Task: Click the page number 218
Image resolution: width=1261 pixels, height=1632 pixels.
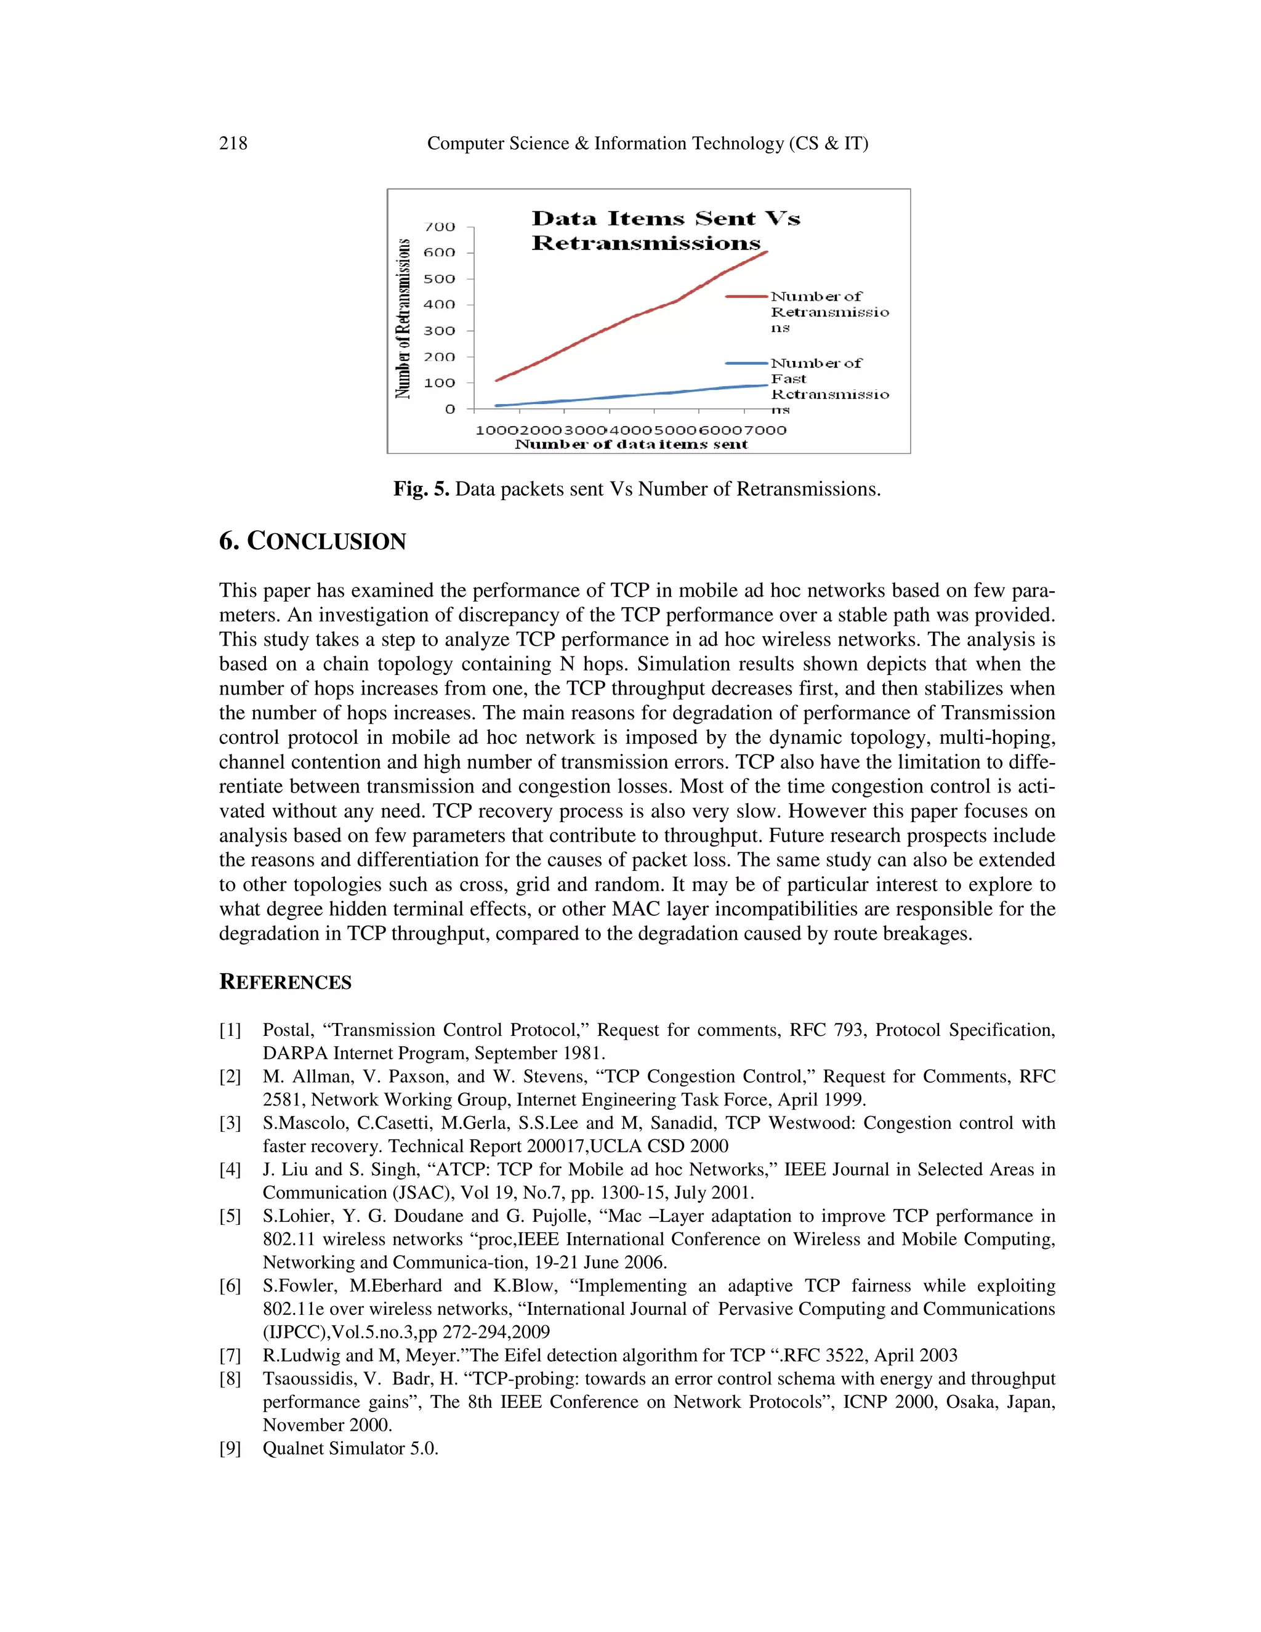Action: (x=233, y=143)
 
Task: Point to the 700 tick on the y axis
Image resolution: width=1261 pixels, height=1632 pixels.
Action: (x=439, y=227)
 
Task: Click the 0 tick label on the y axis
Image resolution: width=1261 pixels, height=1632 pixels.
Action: (x=449, y=409)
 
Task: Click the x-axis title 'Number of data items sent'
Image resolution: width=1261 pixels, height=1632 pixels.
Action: (x=631, y=445)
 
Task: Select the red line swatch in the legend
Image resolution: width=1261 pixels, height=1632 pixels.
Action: (x=746, y=297)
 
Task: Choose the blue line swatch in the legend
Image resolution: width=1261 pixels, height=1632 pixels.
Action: (x=746, y=363)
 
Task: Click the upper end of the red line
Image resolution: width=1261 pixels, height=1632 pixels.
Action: (x=767, y=252)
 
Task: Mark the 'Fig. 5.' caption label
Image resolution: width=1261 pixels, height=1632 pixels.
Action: (x=421, y=490)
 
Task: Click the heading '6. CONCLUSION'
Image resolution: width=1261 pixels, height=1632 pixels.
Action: (x=312, y=541)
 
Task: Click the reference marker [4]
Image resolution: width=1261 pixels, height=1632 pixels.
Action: (x=230, y=1169)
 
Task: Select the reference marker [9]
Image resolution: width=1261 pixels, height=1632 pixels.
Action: (x=230, y=1448)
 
